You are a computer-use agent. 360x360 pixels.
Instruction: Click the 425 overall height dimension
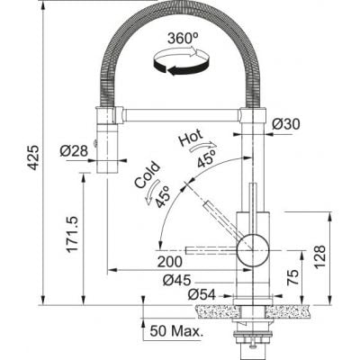tap(35, 157)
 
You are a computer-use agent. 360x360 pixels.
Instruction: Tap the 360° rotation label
tap(183, 39)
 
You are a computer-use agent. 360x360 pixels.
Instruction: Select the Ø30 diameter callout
tap(286, 124)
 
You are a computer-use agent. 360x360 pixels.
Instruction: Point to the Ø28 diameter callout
tap(74, 150)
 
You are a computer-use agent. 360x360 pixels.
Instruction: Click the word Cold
tap(147, 175)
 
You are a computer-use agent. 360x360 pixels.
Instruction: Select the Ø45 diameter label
tap(176, 281)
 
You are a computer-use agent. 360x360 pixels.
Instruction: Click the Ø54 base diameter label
tap(202, 295)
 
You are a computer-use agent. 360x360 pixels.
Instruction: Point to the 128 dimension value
tap(320, 257)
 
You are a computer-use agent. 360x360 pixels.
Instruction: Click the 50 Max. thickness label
tap(176, 331)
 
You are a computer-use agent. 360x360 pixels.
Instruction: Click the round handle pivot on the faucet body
tap(253, 250)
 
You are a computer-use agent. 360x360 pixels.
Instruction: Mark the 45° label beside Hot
tap(207, 158)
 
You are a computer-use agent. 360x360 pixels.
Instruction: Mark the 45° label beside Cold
tap(163, 196)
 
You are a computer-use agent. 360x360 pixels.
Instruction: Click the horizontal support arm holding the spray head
tap(182, 115)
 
